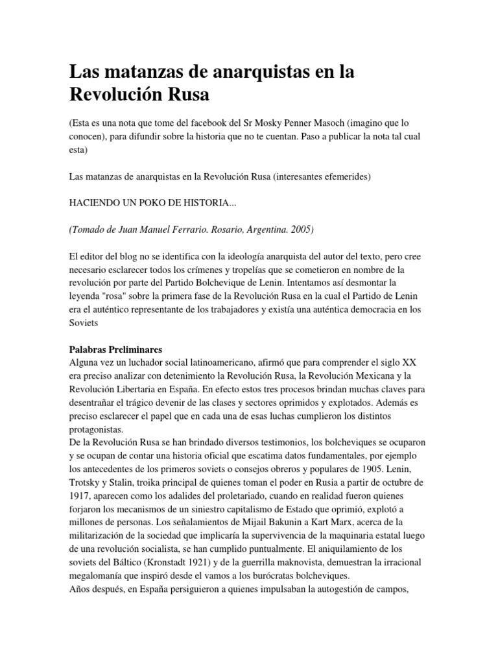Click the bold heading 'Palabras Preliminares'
(116, 349)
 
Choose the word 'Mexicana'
(374, 375)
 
